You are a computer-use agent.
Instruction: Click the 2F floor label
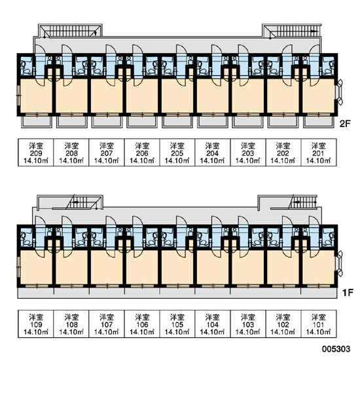click(x=345, y=124)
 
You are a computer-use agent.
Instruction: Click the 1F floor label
click(x=348, y=292)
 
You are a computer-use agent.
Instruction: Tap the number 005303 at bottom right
click(x=336, y=348)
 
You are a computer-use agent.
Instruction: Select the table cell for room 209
click(x=36, y=153)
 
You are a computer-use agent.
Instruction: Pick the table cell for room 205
click(x=177, y=153)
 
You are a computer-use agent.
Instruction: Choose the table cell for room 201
click(x=318, y=153)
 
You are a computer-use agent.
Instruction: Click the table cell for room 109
click(x=36, y=324)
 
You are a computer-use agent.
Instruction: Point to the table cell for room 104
click(x=213, y=324)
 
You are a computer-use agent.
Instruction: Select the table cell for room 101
click(x=318, y=324)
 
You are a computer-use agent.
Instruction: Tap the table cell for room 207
click(x=107, y=153)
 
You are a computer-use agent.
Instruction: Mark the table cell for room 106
click(x=142, y=324)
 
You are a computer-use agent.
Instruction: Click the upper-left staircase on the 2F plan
click(x=70, y=31)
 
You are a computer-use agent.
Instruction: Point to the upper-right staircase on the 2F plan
click(x=292, y=31)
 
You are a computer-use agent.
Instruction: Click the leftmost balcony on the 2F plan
click(x=37, y=122)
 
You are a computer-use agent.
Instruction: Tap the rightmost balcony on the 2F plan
click(x=319, y=122)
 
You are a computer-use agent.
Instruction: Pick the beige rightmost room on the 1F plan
click(x=318, y=267)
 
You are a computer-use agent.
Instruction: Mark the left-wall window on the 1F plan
click(x=19, y=267)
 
